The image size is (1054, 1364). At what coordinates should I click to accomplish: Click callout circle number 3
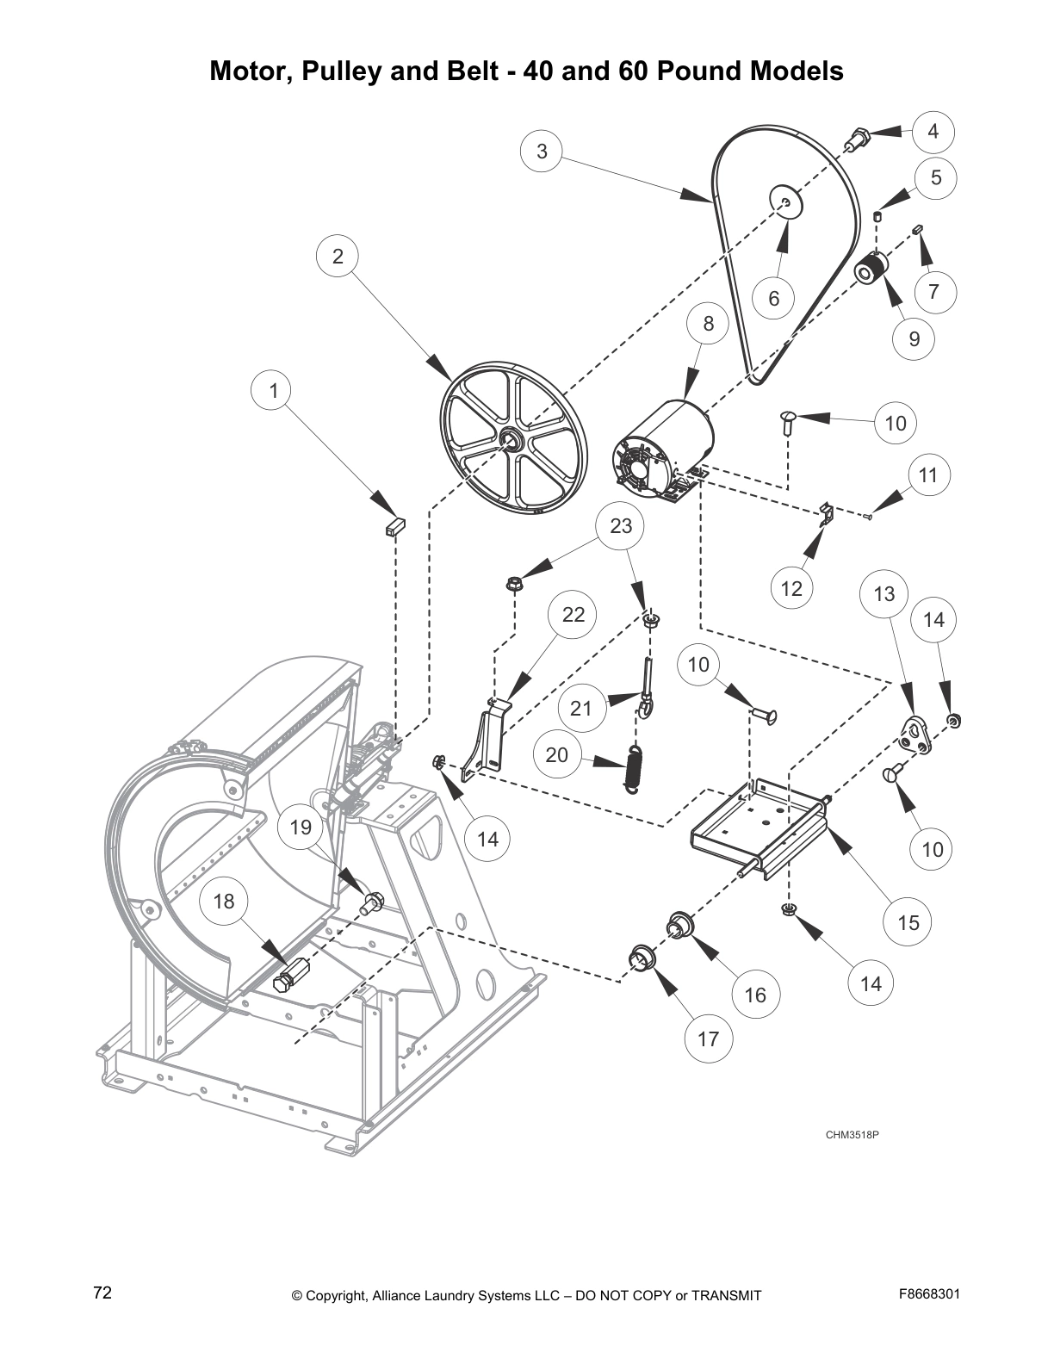(542, 152)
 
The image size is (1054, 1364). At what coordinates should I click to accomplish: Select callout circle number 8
(709, 324)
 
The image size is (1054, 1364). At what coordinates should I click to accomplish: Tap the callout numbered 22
(573, 614)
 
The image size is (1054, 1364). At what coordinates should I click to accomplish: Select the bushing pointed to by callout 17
(641, 957)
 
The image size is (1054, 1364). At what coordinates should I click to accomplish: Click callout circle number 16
(754, 995)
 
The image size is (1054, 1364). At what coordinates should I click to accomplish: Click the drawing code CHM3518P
(851, 1134)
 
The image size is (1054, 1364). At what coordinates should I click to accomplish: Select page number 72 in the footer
(102, 1293)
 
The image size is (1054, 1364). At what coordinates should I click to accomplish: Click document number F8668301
(929, 1293)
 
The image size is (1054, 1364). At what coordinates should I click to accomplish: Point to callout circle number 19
(301, 828)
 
